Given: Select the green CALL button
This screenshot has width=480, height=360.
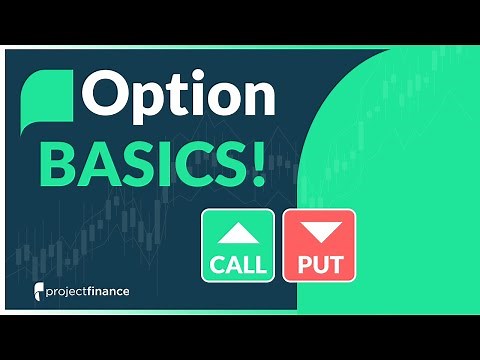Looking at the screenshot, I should click(x=237, y=246).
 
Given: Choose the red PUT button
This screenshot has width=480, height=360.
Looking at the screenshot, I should click(x=319, y=246).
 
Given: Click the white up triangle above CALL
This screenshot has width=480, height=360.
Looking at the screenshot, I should click(x=237, y=233).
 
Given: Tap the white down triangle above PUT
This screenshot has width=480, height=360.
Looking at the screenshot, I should click(x=319, y=233).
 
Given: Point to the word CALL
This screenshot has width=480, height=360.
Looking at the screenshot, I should click(x=237, y=266).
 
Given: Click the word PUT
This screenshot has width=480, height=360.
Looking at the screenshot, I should click(x=319, y=266).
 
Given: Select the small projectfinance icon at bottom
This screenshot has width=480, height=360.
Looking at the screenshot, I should click(x=37, y=296).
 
